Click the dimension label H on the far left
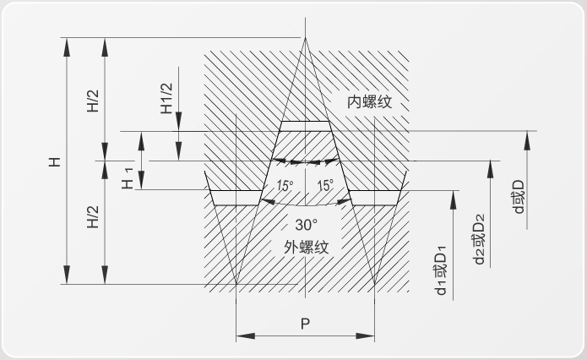pyautogui.click(x=55, y=162)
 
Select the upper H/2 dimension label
pyautogui.click(x=93, y=101)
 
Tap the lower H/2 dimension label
pyautogui.click(x=93, y=217)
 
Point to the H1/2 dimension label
pyautogui.click(x=166, y=98)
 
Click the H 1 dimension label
pyautogui.click(x=128, y=178)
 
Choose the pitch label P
pyautogui.click(x=305, y=324)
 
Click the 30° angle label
pyautogui.click(x=307, y=225)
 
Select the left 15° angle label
pyautogui.click(x=285, y=185)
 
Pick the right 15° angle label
pyautogui.click(x=325, y=185)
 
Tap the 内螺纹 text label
pyautogui.click(x=369, y=102)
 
